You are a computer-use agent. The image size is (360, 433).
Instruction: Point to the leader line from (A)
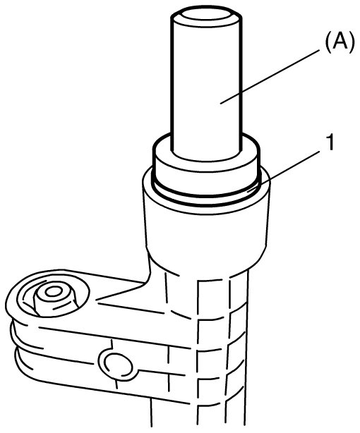click(x=270, y=76)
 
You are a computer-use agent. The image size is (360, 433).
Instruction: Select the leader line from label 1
click(x=284, y=171)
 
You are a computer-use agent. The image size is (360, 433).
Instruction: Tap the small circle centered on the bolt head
click(x=54, y=292)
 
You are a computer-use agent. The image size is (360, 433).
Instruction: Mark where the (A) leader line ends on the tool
click(x=221, y=104)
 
